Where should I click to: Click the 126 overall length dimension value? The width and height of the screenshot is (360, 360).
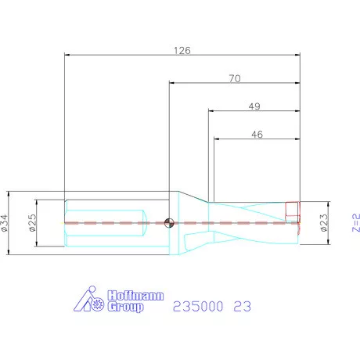[x=182, y=50]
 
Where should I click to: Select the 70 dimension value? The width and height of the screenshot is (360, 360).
[x=235, y=78]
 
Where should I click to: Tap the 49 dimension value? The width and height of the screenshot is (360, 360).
[x=254, y=106]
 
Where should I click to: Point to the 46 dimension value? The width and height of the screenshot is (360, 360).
[x=257, y=135]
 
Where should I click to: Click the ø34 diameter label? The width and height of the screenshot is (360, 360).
[x=5, y=223]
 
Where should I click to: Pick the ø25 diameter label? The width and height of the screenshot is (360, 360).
[x=32, y=223]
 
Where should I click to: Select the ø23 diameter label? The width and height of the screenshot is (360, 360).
[x=324, y=223]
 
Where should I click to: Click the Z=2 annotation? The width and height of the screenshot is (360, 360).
[x=356, y=223]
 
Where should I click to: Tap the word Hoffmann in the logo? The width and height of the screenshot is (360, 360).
[x=135, y=296]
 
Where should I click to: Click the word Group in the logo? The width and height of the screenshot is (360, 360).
[x=125, y=307]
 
